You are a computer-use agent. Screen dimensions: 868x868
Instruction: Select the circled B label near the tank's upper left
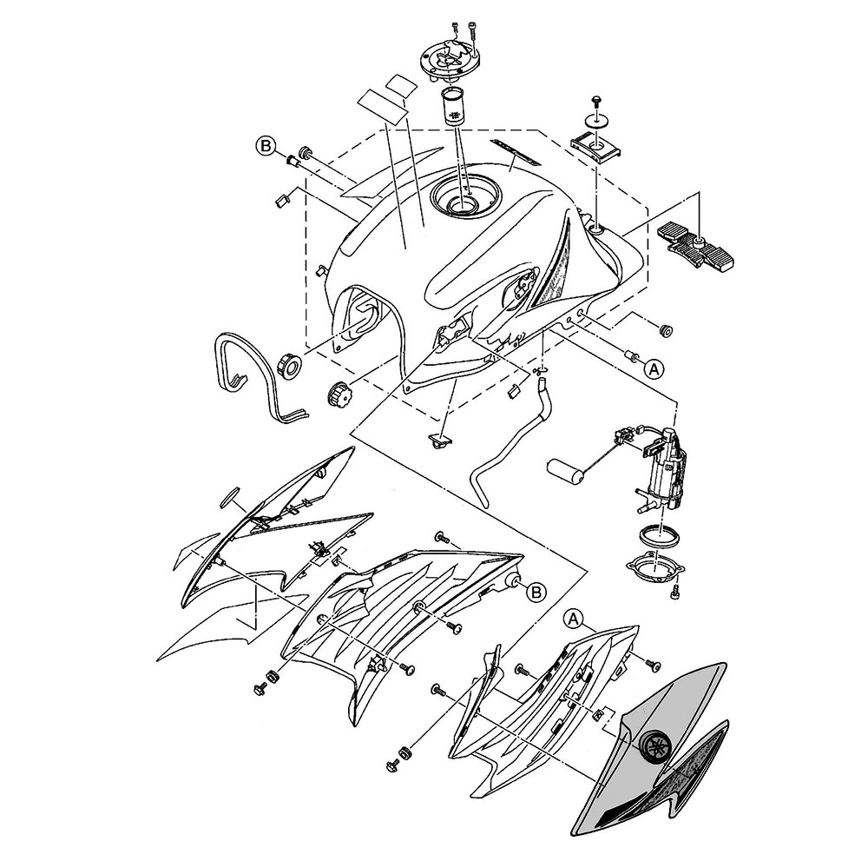[x=266, y=146]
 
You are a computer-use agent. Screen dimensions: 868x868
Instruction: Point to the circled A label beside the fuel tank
[x=654, y=368]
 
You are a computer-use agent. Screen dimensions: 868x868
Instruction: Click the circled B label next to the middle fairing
[x=536, y=593]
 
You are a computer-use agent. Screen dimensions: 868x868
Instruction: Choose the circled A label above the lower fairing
[x=575, y=619]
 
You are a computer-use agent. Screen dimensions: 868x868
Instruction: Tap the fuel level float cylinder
[x=565, y=470]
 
